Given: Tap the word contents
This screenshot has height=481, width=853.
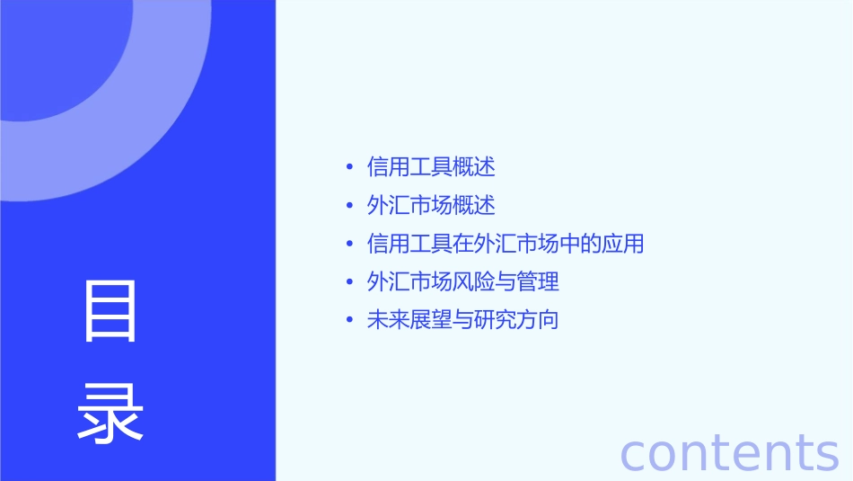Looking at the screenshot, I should click(x=729, y=452).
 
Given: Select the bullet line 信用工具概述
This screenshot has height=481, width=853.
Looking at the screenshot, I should click(x=431, y=167).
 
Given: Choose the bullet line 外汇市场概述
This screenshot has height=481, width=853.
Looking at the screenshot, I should click(x=431, y=206).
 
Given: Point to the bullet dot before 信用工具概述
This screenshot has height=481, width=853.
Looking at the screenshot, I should click(x=349, y=168).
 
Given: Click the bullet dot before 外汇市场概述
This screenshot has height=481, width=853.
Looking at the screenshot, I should click(x=349, y=207).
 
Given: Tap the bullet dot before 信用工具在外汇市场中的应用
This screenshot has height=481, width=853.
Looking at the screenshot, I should click(x=349, y=245).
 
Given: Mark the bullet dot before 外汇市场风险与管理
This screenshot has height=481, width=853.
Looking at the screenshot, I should click(x=349, y=282).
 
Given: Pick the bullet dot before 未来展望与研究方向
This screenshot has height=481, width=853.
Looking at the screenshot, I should click(x=349, y=321).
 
